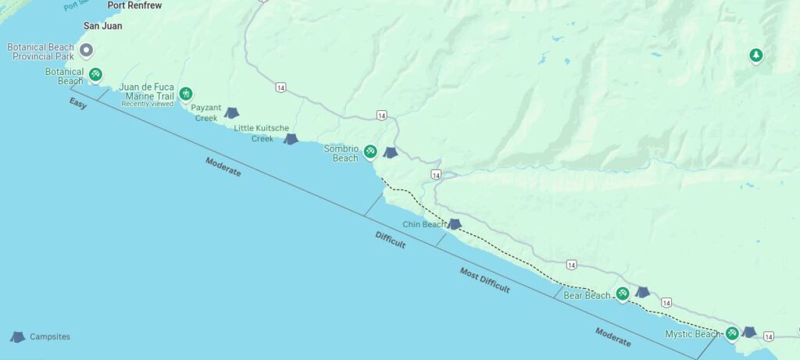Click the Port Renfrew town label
click(134, 5)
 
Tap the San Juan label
click(102, 26)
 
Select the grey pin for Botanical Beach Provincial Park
click(87, 52)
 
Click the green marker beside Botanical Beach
click(95, 75)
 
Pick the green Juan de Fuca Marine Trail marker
click(186, 94)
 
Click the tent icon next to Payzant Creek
click(231, 113)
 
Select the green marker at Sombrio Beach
click(370, 151)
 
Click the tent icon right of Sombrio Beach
click(390, 152)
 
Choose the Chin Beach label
click(423, 224)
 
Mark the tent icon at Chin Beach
click(454, 224)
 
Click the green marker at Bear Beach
click(623, 294)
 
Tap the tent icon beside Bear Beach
click(642, 292)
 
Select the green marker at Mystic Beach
click(732, 333)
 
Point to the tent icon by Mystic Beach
click(749, 332)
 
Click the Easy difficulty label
click(78, 103)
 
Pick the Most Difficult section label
click(484, 280)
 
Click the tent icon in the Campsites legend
click(17, 337)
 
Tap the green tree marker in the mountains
click(755, 55)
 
